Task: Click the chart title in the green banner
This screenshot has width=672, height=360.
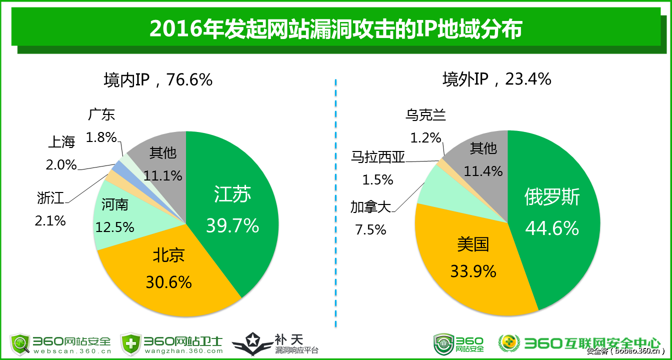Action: pos(335,29)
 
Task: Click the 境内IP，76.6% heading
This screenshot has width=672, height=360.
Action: pos(158,79)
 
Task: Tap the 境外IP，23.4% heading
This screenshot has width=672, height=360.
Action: pos(496,78)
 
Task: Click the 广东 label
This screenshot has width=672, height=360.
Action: pos(101,114)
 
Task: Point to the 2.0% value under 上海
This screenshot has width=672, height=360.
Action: pos(61,164)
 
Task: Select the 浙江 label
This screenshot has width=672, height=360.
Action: pos(51,198)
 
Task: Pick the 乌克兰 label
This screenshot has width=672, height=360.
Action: pos(425,115)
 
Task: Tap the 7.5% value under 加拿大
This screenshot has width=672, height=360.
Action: pos(370,229)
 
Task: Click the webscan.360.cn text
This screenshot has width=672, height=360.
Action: pos(71,351)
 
